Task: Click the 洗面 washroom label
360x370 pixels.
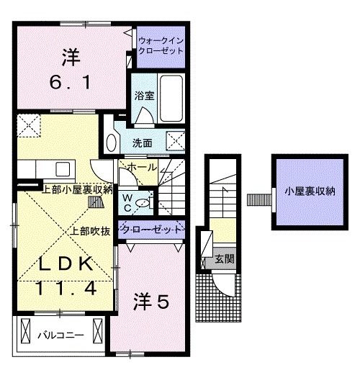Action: (x=143, y=143)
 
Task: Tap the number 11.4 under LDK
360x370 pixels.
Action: (x=66, y=289)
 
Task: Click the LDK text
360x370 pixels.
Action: (x=66, y=264)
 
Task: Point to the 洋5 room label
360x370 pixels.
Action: (x=151, y=302)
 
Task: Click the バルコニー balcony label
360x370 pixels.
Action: (x=61, y=335)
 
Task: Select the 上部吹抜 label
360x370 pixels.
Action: (x=90, y=231)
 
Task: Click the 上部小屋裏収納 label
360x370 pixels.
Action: (x=77, y=190)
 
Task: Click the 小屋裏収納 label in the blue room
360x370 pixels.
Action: (x=310, y=191)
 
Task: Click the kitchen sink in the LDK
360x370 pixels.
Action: (x=61, y=170)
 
